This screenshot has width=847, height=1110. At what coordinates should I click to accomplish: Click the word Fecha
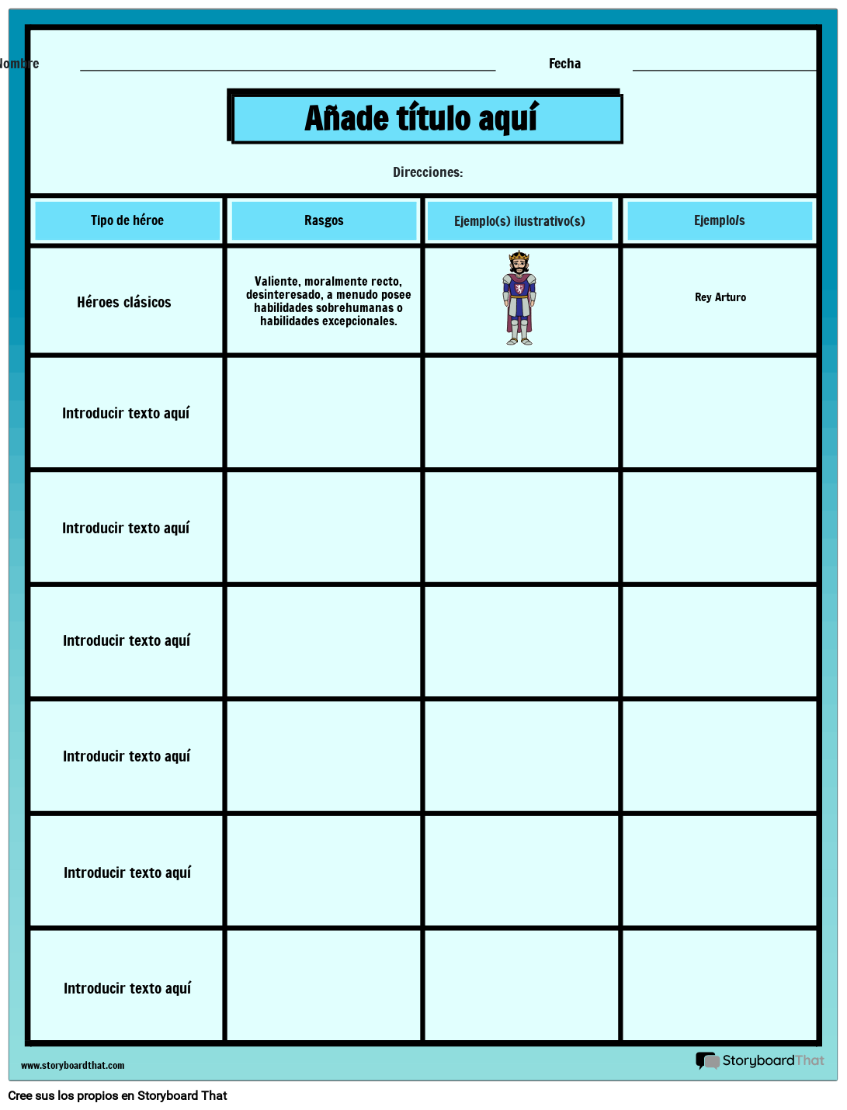tap(564, 64)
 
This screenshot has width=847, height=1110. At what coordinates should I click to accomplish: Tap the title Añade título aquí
tap(421, 119)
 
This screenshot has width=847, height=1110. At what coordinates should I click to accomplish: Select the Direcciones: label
tap(428, 172)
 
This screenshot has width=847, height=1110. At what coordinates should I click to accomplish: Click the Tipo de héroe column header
tap(127, 220)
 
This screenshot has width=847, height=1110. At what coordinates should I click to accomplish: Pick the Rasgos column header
tap(324, 220)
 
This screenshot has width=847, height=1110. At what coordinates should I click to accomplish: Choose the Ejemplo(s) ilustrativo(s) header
tap(519, 221)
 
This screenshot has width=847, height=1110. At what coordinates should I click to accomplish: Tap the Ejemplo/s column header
tap(719, 220)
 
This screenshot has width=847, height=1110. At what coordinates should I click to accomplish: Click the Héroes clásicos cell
tap(124, 302)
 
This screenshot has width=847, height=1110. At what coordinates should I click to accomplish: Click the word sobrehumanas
tap(355, 308)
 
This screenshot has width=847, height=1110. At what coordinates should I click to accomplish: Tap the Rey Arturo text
tap(720, 297)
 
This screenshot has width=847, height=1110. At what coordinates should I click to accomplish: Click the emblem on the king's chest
tap(519, 289)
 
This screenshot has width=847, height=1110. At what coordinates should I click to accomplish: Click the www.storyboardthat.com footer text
tap(72, 1066)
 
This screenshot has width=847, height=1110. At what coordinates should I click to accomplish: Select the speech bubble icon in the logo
tap(707, 1060)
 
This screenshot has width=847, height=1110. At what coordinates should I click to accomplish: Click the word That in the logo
tap(810, 1060)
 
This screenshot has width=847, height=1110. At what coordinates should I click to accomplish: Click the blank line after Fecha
tap(724, 68)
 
